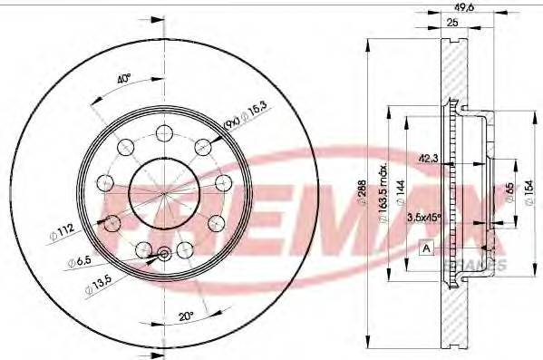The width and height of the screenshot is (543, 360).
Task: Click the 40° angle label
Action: pyautogui.click(x=125, y=78)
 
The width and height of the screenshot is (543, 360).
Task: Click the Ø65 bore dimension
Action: pyautogui.click(x=510, y=191)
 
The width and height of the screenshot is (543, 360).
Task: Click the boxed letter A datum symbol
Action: pyautogui.click(x=425, y=247)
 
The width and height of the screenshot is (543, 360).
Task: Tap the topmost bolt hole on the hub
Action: pyautogui.click(x=164, y=133)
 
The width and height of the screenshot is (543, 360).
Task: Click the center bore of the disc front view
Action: pyautogui.click(x=163, y=192)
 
